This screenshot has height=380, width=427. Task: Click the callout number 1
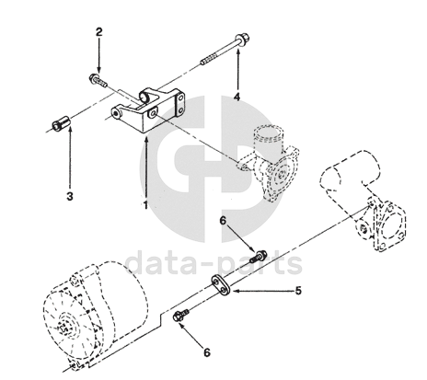(x=145, y=205)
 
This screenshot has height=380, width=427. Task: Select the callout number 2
(x=98, y=32)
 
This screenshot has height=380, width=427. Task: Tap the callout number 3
(x=70, y=196)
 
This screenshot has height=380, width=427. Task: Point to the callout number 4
(x=237, y=97)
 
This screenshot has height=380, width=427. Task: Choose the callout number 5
(x=298, y=291)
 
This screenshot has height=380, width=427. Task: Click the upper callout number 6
(x=223, y=220)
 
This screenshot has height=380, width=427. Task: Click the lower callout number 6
(x=207, y=352)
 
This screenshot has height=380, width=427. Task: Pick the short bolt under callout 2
(x=98, y=79)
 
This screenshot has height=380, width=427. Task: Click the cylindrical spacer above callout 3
(x=62, y=122)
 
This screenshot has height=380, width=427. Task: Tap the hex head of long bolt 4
(x=242, y=39)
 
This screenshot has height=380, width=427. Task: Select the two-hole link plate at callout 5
(x=221, y=283)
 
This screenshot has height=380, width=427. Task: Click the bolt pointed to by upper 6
(x=259, y=257)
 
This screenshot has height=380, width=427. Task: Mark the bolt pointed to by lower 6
(x=180, y=316)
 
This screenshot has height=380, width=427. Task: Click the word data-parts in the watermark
(x=213, y=263)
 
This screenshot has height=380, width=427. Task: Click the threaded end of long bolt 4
(x=209, y=59)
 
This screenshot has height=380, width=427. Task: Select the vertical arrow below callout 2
(x=99, y=55)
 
